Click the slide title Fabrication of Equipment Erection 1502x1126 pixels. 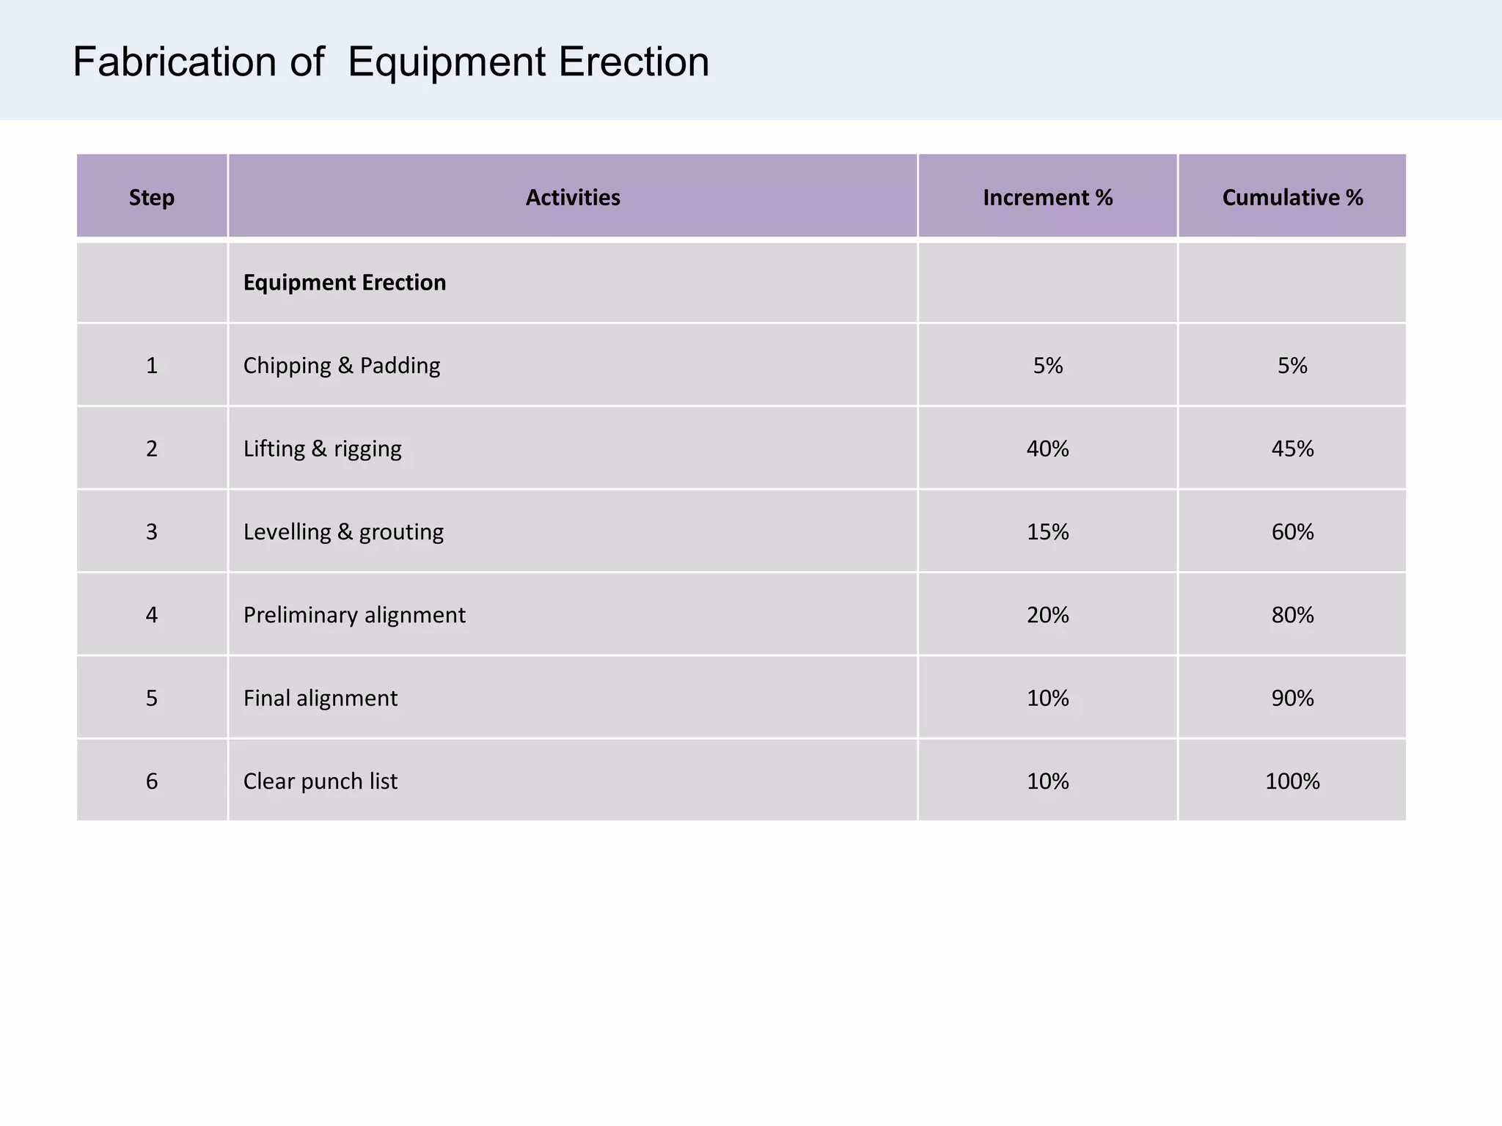tap(391, 62)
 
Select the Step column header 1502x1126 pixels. tap(152, 197)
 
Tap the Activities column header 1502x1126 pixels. tap(573, 197)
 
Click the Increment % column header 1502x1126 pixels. tap(1047, 197)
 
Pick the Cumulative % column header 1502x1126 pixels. tap(1292, 197)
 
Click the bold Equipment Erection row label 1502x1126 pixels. tap(345, 282)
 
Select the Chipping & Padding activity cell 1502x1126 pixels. tap(342, 365)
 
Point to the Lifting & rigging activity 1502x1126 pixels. tap(323, 448)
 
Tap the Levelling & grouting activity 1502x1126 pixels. tap(343, 531)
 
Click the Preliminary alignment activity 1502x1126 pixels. tap(354, 614)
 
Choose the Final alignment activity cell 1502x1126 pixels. tap(320, 697)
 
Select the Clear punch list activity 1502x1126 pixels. tap(320, 781)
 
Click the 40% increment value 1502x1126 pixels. tap(1047, 448)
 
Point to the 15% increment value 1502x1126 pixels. tap(1047, 531)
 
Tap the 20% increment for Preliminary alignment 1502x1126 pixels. tap(1047, 614)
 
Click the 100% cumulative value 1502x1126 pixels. tap(1292, 781)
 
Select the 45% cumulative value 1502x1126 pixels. tap(1292, 448)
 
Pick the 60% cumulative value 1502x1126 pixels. tap(1292, 531)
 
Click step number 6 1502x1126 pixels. tap(152, 781)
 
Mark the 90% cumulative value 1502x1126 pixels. tap(1292, 697)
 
